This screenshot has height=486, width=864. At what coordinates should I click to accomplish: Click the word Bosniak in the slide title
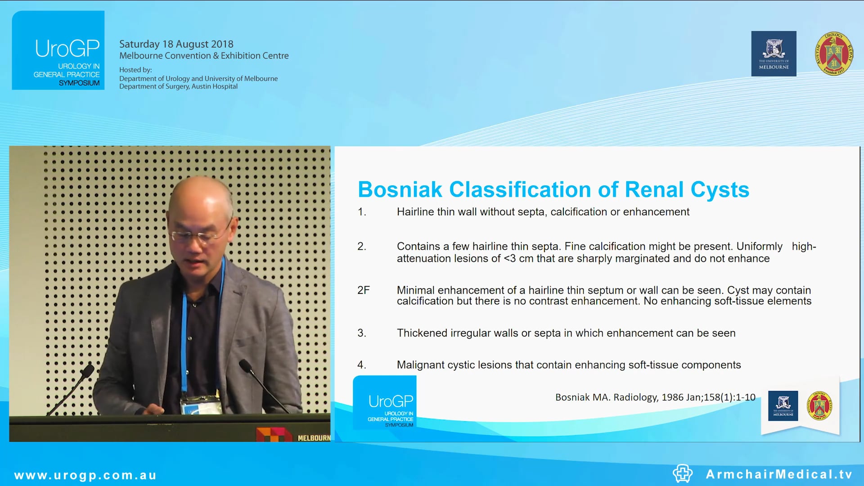[x=400, y=190]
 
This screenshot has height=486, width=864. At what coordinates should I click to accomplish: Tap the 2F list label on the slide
[x=363, y=290]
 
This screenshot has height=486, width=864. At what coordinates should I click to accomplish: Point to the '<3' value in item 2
[x=509, y=259]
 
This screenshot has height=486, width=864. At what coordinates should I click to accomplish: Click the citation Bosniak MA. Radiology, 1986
[x=655, y=397]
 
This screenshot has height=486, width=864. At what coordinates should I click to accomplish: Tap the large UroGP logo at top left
[x=58, y=50]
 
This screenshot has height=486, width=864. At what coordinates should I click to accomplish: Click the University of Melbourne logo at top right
[x=774, y=54]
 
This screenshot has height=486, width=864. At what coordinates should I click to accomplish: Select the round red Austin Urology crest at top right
[x=833, y=54]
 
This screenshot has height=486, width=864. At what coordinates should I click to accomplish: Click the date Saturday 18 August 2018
[x=176, y=44]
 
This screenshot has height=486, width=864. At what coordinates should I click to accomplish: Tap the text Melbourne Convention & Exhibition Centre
[x=204, y=56]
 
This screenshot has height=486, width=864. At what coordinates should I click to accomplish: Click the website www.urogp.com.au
[x=85, y=475]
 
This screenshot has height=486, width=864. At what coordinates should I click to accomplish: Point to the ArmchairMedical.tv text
[x=779, y=474]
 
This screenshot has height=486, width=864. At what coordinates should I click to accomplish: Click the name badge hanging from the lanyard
[x=201, y=405]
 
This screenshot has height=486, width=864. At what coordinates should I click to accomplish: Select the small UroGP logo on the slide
[x=385, y=402]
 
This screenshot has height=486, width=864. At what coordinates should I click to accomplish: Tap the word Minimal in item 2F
[x=415, y=290]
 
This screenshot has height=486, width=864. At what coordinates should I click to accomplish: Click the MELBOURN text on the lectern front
[x=314, y=438]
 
